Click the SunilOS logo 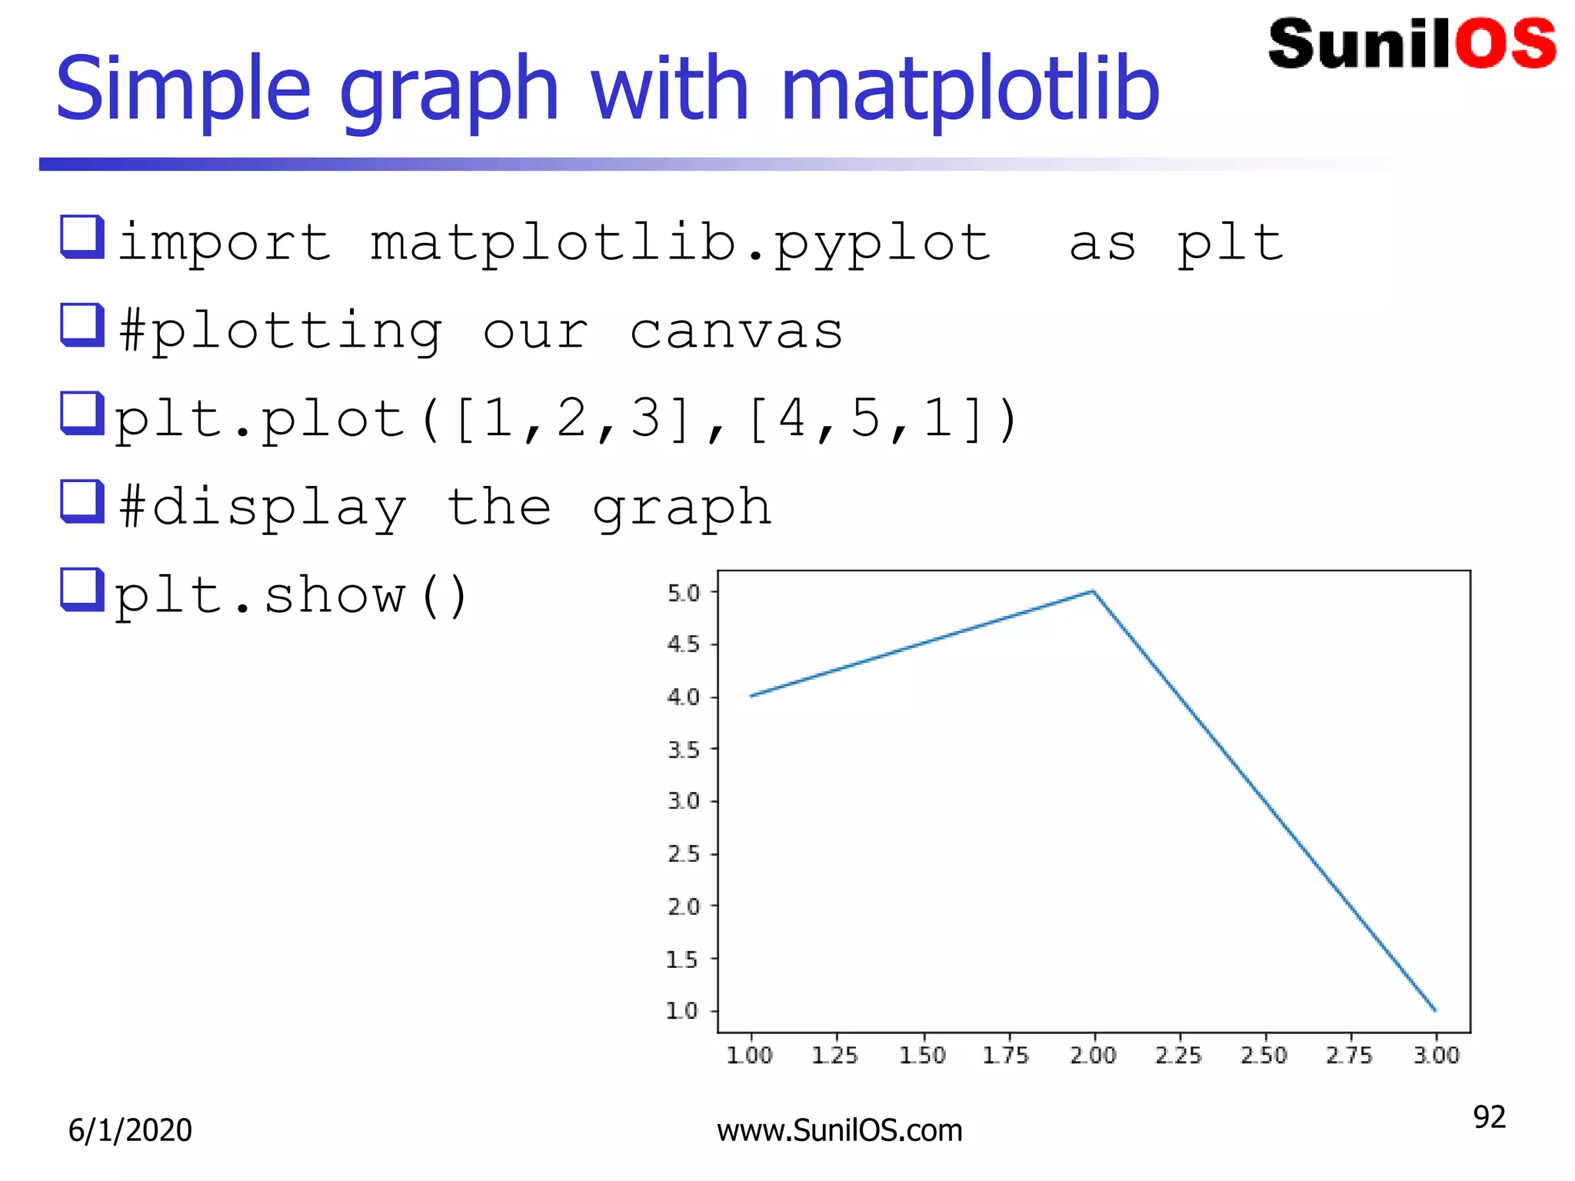coord(1412,44)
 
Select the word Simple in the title coord(183,90)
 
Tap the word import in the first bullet coord(225,243)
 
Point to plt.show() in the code coord(291,597)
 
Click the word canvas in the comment coord(736,332)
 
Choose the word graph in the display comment coord(681,508)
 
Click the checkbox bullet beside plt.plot coord(82,414)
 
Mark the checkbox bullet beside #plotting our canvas coord(82,325)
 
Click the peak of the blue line coord(1093,591)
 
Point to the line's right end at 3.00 coord(1435,1010)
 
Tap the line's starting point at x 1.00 coord(751,696)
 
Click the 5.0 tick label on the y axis coord(684,593)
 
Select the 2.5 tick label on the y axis coord(684,853)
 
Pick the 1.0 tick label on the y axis coord(682,1010)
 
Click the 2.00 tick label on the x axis coord(1093,1055)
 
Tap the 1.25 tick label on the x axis coord(835,1055)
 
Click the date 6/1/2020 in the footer coord(130,1130)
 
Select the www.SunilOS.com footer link coord(839,1130)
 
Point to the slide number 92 coord(1489,1117)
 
